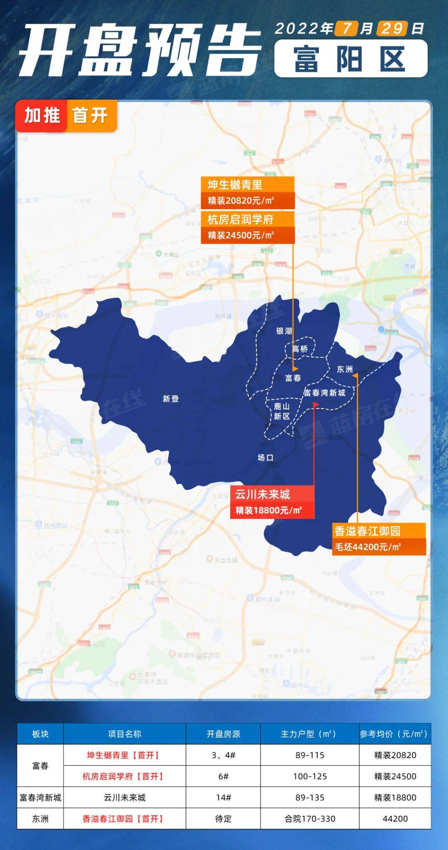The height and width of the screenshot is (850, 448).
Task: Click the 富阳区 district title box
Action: pyautogui.click(x=351, y=59)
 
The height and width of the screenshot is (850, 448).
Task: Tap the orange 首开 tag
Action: pyautogui.click(x=90, y=115)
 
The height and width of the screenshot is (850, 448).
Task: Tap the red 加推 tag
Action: pyautogui.click(x=42, y=115)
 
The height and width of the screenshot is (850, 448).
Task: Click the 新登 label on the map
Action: pyautogui.click(x=170, y=399)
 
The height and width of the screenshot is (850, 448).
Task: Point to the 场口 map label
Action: pyautogui.click(x=265, y=458)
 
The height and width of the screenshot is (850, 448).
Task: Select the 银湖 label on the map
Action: pyautogui.click(x=284, y=331)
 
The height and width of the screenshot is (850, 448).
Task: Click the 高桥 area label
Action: pyautogui.click(x=300, y=349)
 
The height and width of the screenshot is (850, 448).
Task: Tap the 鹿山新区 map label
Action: pyautogui.click(x=282, y=411)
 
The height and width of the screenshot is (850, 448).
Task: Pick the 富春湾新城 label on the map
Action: pyautogui.click(x=324, y=392)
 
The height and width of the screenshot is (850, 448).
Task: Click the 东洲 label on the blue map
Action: pyautogui.click(x=344, y=369)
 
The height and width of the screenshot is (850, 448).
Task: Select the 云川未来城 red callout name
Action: pyautogui.click(x=263, y=494)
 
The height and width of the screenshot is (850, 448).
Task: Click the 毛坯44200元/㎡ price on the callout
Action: pyautogui.click(x=368, y=547)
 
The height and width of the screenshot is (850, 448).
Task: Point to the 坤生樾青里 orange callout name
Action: pyautogui.click(x=235, y=185)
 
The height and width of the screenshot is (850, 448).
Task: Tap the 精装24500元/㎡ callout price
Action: pyautogui.click(x=241, y=235)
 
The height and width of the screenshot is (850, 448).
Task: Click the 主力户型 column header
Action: pyautogui.click(x=309, y=734)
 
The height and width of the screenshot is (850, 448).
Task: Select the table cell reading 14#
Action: pyautogui.click(x=223, y=797)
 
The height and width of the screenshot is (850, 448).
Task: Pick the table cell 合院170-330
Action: pyautogui.click(x=310, y=818)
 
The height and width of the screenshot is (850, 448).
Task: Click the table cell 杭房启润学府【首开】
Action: pyautogui.click(x=124, y=776)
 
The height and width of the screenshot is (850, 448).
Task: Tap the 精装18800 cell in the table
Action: pyautogui.click(x=395, y=797)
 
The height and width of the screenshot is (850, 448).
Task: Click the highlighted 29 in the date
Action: pyautogui.click(x=392, y=28)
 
